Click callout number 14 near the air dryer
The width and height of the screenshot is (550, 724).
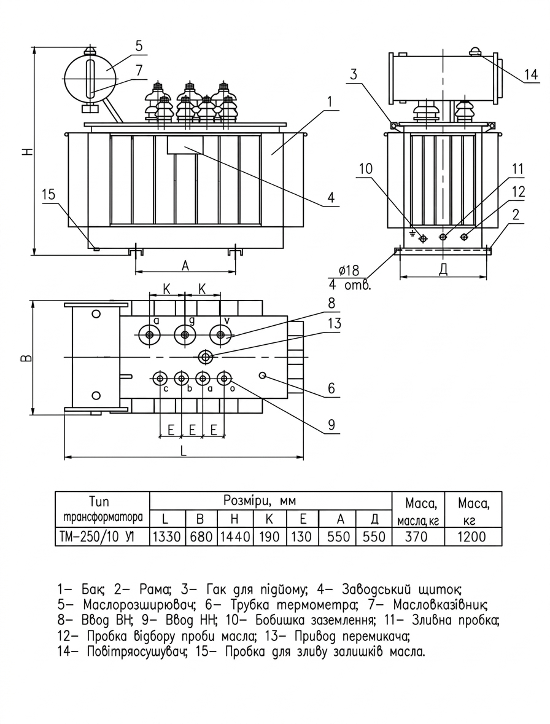pyautogui.click(x=531, y=74)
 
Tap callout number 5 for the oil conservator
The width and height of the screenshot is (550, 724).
pyautogui.click(x=139, y=45)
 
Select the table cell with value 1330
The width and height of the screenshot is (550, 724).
pyautogui.click(x=167, y=537)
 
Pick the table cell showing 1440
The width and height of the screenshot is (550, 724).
pyautogui.click(x=234, y=537)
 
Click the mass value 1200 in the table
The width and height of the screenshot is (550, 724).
pyautogui.click(x=473, y=537)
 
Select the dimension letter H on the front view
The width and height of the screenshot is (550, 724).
pyautogui.click(x=29, y=151)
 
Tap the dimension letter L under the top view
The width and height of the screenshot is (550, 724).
pyautogui.click(x=183, y=451)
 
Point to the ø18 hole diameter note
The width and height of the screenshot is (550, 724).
pyautogui.click(x=349, y=270)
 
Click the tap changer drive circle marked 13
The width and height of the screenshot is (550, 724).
pyautogui.click(x=205, y=356)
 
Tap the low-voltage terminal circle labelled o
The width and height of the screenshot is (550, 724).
pyautogui.click(x=224, y=379)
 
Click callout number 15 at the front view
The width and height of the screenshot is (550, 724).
pyautogui.click(x=48, y=194)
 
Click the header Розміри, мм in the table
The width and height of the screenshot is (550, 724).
pyautogui.click(x=259, y=501)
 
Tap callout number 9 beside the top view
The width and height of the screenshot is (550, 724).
pyautogui.click(x=332, y=425)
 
